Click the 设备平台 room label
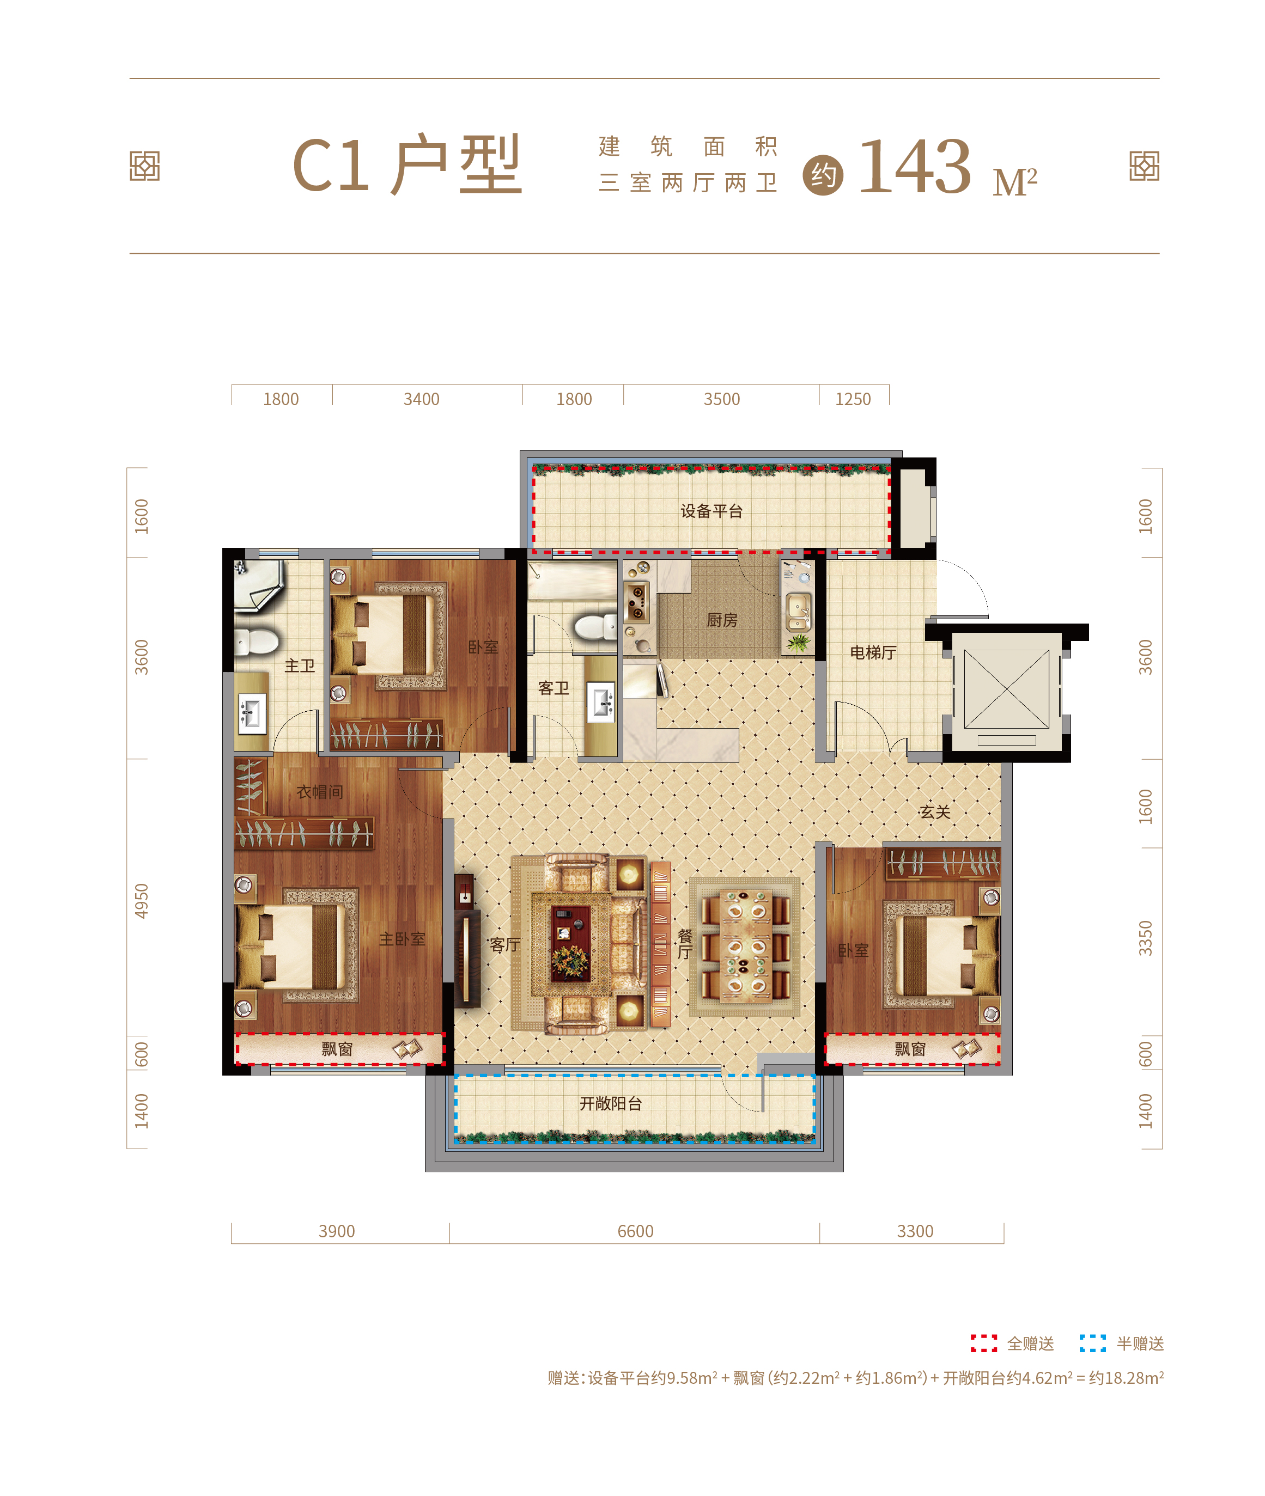pyautogui.click(x=711, y=511)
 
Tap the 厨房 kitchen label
pyautogui.click(x=721, y=620)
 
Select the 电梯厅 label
pyautogui.click(x=873, y=652)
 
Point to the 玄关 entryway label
pyautogui.click(x=935, y=812)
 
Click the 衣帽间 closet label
pyautogui.click(x=320, y=792)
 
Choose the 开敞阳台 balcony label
pyautogui.click(x=610, y=1104)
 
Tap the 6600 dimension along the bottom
pyautogui.click(x=635, y=1231)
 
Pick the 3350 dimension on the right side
pyautogui.click(x=1146, y=938)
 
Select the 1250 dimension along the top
pyautogui.click(x=853, y=399)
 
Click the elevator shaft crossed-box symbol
pyautogui.click(x=1007, y=689)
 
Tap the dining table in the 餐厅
pyautogui.click(x=745, y=945)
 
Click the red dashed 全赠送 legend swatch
pyautogui.click(x=984, y=1344)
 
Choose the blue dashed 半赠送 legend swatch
pyautogui.click(x=1093, y=1344)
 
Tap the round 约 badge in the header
pyautogui.click(x=823, y=175)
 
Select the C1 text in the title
pyautogui.click(x=331, y=166)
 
